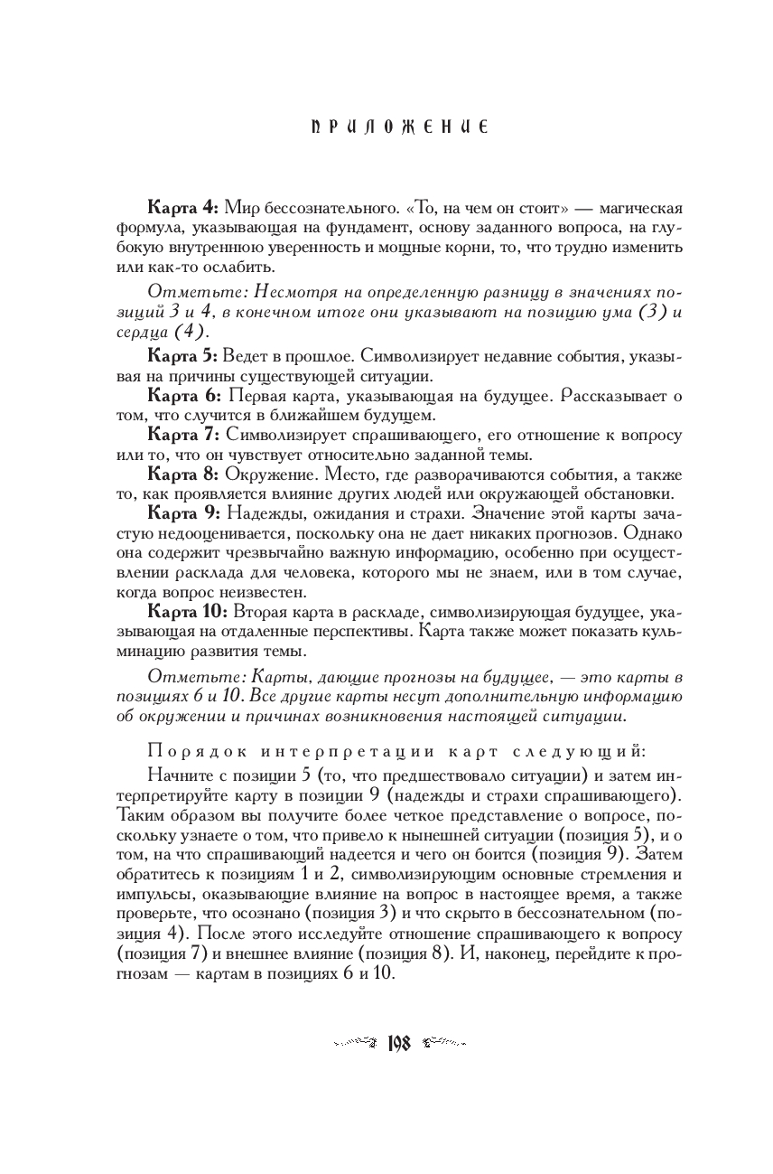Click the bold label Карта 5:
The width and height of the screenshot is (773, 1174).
pos(182,357)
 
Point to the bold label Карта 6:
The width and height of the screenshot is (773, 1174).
pos(182,396)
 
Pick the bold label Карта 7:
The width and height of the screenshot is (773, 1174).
pos(182,435)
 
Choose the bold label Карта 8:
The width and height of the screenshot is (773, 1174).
pos(182,474)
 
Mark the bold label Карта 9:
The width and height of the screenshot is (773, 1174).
pos(182,512)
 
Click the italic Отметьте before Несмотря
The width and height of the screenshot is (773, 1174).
pos(194,292)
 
